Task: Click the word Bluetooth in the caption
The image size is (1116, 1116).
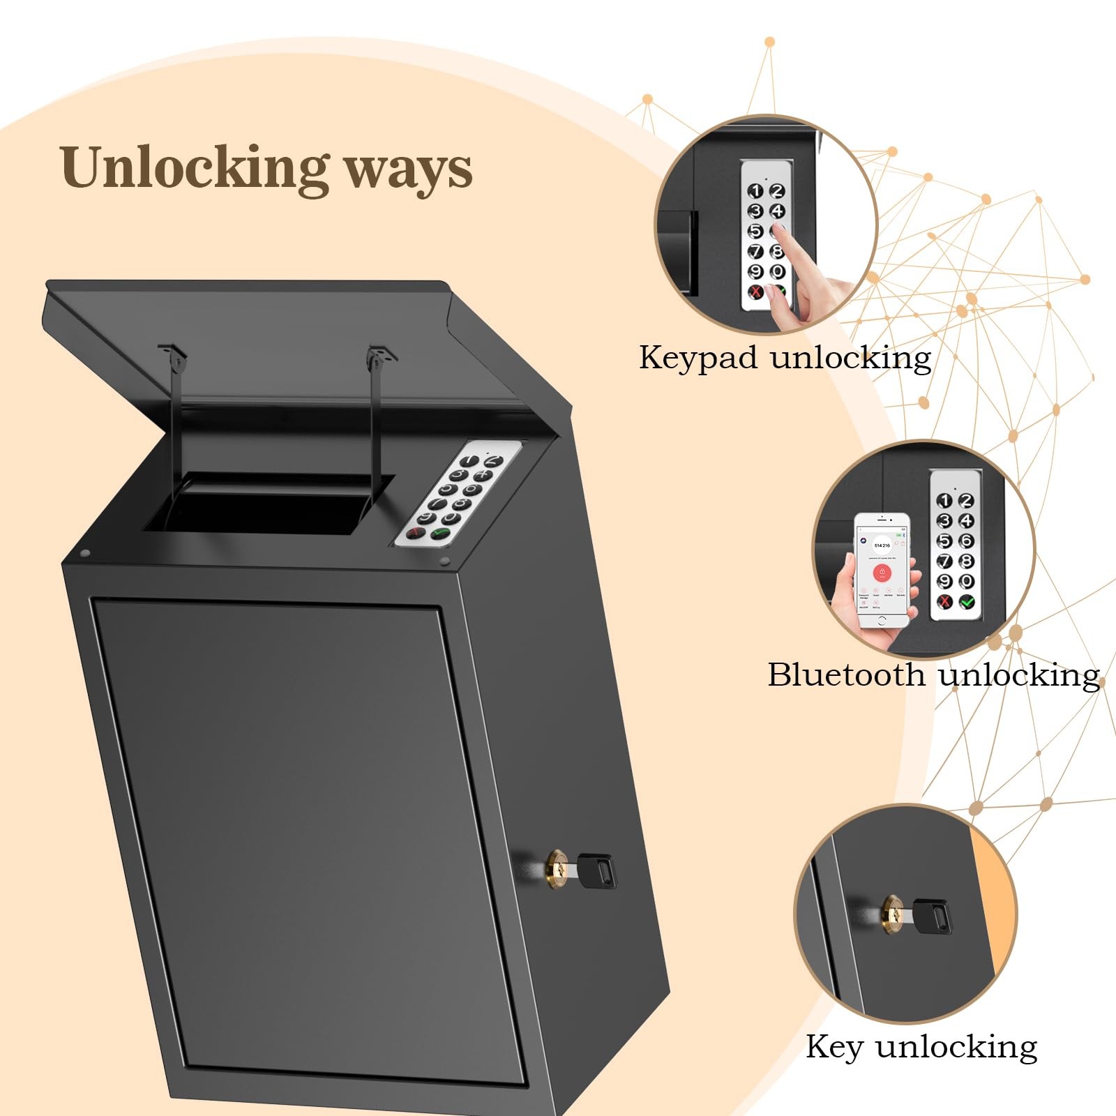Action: [x=845, y=675]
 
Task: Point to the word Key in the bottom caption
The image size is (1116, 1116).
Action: [x=833, y=1047]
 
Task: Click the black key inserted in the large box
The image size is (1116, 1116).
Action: [x=598, y=870]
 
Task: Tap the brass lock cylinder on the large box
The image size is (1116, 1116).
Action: [x=556, y=868]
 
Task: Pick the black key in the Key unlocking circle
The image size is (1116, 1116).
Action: [x=931, y=916]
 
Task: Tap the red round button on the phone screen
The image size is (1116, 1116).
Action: [x=882, y=573]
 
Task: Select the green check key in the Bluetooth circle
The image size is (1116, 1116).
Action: [x=967, y=601]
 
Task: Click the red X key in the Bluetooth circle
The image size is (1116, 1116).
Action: [x=944, y=601]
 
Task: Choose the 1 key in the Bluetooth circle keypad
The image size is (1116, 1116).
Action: [x=944, y=501]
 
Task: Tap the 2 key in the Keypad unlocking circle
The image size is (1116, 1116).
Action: [x=777, y=190]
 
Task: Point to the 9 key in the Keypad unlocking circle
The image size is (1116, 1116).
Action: [x=755, y=271]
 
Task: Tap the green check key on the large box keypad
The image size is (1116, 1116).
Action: [x=440, y=534]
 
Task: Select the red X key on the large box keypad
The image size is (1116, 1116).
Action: [x=415, y=533]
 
